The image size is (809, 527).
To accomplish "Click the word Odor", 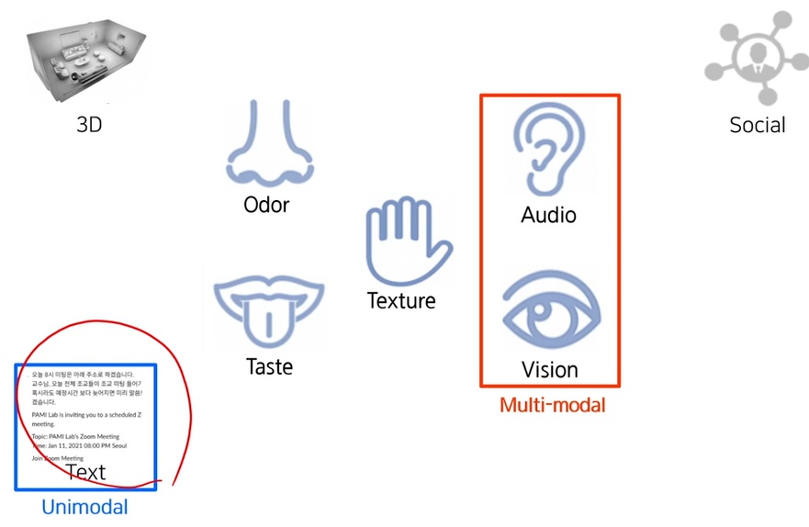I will click(266, 204).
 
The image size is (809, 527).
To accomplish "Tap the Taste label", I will click(269, 366).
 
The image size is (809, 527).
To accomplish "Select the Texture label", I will click(401, 299).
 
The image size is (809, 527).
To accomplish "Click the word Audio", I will click(548, 215).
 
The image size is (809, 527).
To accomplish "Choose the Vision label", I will click(549, 370).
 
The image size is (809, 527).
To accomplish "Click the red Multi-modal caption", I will click(552, 404).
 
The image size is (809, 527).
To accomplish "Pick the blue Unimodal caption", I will click(84, 506).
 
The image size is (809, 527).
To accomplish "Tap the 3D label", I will click(89, 124).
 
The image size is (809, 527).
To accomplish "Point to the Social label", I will click(757, 125).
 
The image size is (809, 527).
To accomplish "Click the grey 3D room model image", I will click(85, 60).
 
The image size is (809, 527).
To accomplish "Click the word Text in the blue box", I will click(85, 472).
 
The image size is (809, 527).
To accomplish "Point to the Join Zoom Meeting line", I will click(58, 457).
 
